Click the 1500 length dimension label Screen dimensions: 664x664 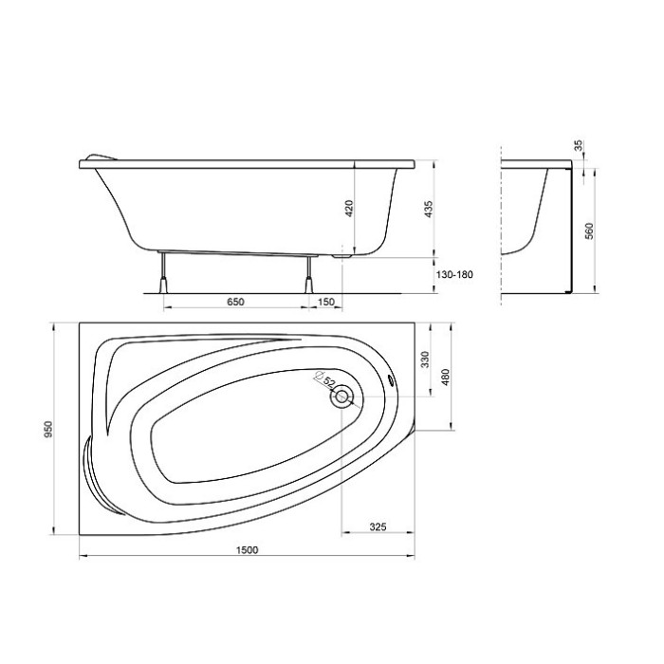click(247, 549)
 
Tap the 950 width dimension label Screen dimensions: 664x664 click(49, 429)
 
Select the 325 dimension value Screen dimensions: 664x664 click(378, 526)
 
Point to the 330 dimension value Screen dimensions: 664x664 click(425, 360)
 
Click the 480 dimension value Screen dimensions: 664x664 click(445, 377)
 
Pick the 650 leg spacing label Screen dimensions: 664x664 click(235, 302)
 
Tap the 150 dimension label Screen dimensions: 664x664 click(325, 302)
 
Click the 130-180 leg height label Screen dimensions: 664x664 click(454, 274)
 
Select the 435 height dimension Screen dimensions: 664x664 click(429, 210)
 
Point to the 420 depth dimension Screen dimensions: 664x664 click(349, 208)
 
